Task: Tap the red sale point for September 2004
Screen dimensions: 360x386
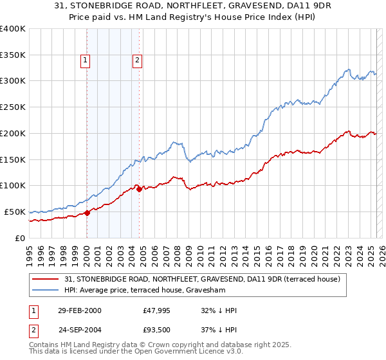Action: [140, 189]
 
